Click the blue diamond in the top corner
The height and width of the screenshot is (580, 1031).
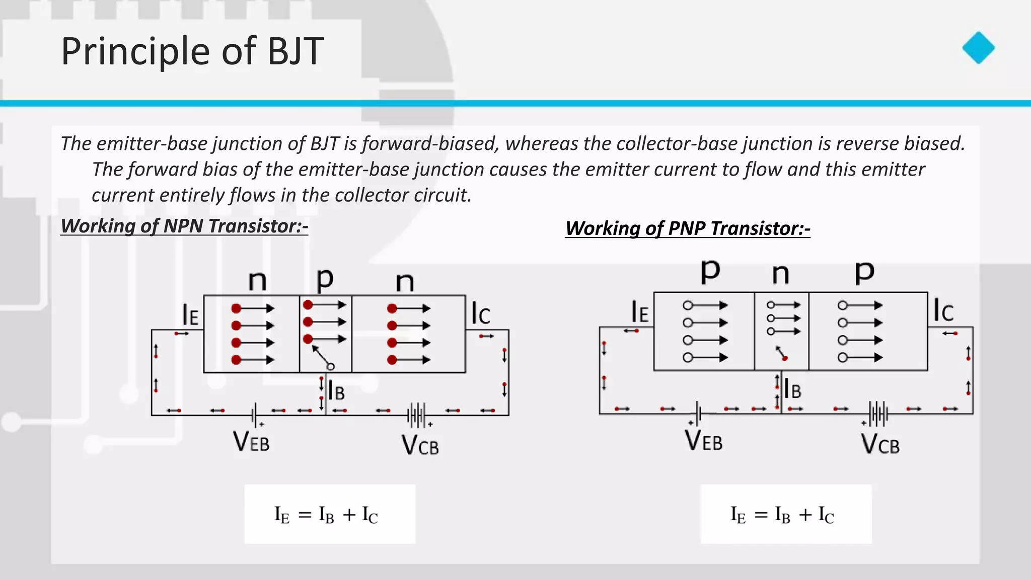(978, 48)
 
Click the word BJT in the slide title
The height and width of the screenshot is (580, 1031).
(295, 51)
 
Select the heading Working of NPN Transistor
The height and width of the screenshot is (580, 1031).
(184, 226)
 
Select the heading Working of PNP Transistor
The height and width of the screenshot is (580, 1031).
(688, 229)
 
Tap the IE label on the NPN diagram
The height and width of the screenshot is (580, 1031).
(190, 315)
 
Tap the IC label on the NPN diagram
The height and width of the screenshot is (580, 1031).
(480, 313)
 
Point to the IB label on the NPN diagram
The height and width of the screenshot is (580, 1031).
(336, 391)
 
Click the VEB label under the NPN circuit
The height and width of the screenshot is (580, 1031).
(251, 442)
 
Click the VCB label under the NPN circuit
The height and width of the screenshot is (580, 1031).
(420, 445)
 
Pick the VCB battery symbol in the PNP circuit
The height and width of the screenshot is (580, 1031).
(878, 414)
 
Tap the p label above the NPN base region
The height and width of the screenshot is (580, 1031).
(325, 279)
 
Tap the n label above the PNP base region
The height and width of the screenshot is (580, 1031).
(780, 274)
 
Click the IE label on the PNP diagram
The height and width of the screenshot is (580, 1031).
(640, 312)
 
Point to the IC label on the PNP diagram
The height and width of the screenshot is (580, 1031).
(943, 310)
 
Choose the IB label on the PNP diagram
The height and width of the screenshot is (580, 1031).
(792, 389)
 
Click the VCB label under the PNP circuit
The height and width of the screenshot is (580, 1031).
(880, 444)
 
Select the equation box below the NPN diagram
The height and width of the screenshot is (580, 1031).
(330, 514)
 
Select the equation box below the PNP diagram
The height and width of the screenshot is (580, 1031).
(786, 514)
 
